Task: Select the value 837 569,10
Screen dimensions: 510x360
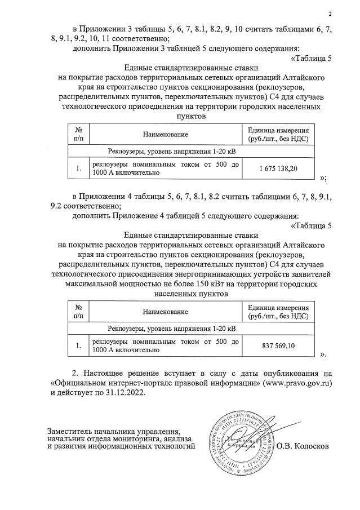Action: [278, 345]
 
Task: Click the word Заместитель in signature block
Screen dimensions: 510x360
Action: [71, 430]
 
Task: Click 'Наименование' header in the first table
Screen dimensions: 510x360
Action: [165, 134]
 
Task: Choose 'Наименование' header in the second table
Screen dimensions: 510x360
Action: [165, 311]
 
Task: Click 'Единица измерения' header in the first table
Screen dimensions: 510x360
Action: [278, 130]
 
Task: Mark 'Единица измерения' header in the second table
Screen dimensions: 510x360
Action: [278, 307]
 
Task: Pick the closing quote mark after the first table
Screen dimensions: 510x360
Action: [323, 178]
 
